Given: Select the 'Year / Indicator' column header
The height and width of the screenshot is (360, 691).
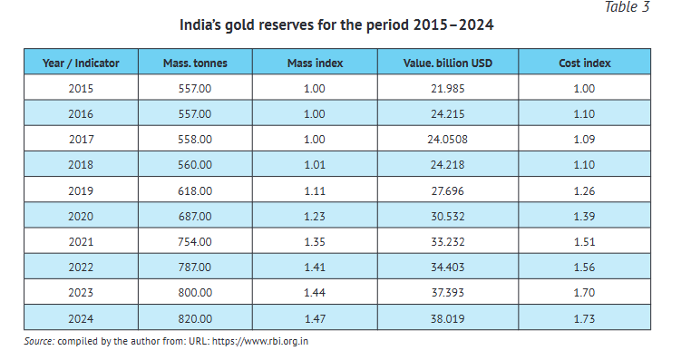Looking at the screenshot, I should (x=81, y=63).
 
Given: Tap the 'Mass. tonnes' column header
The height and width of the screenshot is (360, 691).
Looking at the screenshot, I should (x=195, y=63).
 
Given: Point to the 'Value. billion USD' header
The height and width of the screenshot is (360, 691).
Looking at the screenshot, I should (x=447, y=63).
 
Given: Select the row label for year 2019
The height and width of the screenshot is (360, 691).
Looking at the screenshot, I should (x=81, y=191).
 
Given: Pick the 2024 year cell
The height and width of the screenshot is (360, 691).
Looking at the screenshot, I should (x=81, y=319).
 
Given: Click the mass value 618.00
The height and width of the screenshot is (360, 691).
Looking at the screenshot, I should (x=195, y=191).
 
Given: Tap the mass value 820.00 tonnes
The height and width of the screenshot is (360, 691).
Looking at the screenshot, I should (x=195, y=319).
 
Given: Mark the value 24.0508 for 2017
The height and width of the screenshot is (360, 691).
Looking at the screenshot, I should (x=447, y=140).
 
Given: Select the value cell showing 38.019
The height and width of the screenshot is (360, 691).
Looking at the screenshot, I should (x=447, y=319).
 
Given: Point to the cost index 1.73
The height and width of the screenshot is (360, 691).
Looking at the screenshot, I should (x=584, y=319).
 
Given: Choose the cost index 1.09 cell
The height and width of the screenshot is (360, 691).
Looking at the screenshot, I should (x=584, y=140).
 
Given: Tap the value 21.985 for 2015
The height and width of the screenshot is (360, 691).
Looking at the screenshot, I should (x=447, y=88).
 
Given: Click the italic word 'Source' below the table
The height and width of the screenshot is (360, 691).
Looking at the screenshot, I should (x=38, y=342).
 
